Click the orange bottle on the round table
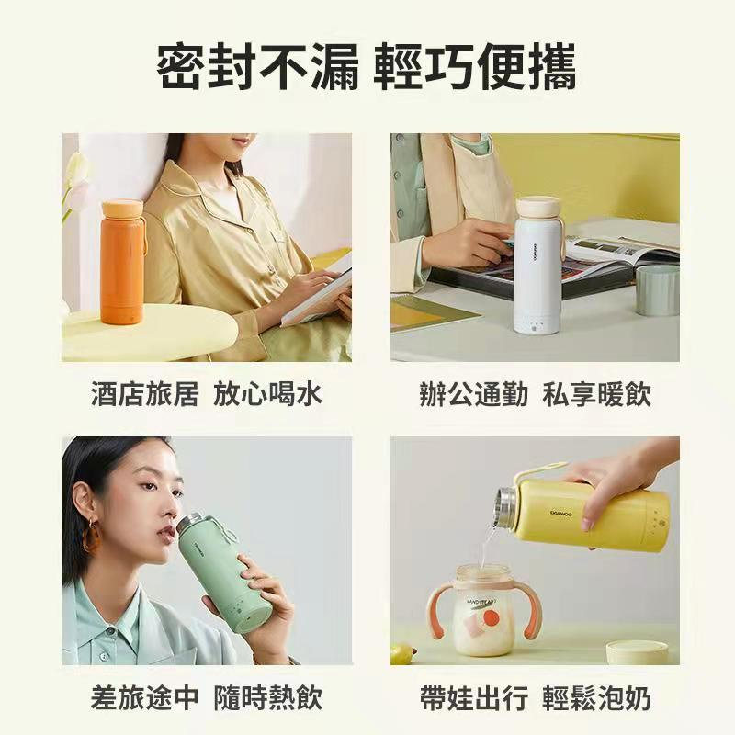121,266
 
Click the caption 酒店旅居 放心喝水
207,395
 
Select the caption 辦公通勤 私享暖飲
534,395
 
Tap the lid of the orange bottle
121,207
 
